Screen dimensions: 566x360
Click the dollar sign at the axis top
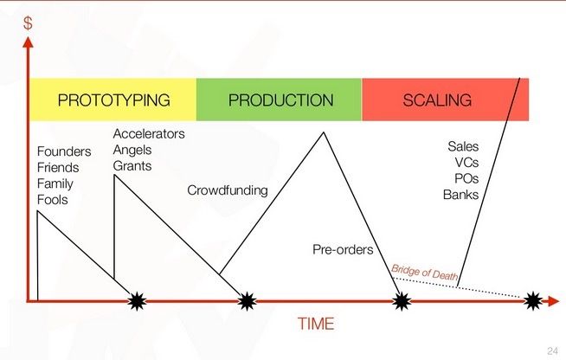28,23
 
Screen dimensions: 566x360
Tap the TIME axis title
316,324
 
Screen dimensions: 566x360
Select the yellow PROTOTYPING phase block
113,100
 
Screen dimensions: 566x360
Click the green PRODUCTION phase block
279,100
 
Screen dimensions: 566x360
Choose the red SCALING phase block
445,100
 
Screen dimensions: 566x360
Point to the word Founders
64,151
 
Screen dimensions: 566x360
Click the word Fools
52,200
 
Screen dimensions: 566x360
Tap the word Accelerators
149,134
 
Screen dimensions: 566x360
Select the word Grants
132,166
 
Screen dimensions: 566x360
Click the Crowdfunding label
228,190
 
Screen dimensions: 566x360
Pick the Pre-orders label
343,249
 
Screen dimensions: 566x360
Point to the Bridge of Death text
424,273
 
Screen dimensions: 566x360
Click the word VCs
466,163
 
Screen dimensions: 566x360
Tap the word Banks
460,195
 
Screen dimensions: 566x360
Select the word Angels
132,150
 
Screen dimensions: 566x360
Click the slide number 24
553,350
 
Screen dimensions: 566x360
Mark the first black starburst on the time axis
137,301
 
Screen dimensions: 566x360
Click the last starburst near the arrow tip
533,301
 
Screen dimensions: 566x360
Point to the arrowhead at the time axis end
553,301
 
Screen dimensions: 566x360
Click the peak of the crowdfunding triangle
324,132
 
